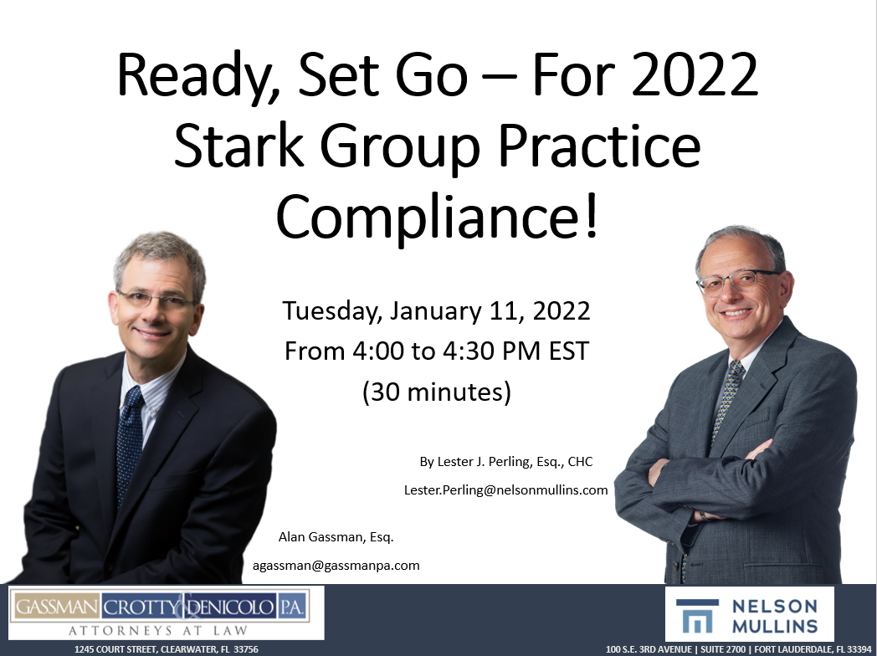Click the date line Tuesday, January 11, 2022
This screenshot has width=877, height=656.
pos(437,311)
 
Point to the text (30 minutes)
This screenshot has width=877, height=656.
pos(436,391)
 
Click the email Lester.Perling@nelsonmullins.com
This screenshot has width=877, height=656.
pos(505,490)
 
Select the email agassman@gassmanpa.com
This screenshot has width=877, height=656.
pos(336,566)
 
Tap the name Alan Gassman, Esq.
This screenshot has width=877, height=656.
pos(336,536)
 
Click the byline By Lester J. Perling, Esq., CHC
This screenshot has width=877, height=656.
pos(506,462)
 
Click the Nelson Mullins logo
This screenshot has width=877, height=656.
pos(749,613)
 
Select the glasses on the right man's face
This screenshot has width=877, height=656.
pos(738,281)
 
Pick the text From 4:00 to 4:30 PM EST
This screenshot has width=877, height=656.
pos(437,351)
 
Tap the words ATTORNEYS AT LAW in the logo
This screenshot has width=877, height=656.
pos(158,629)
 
